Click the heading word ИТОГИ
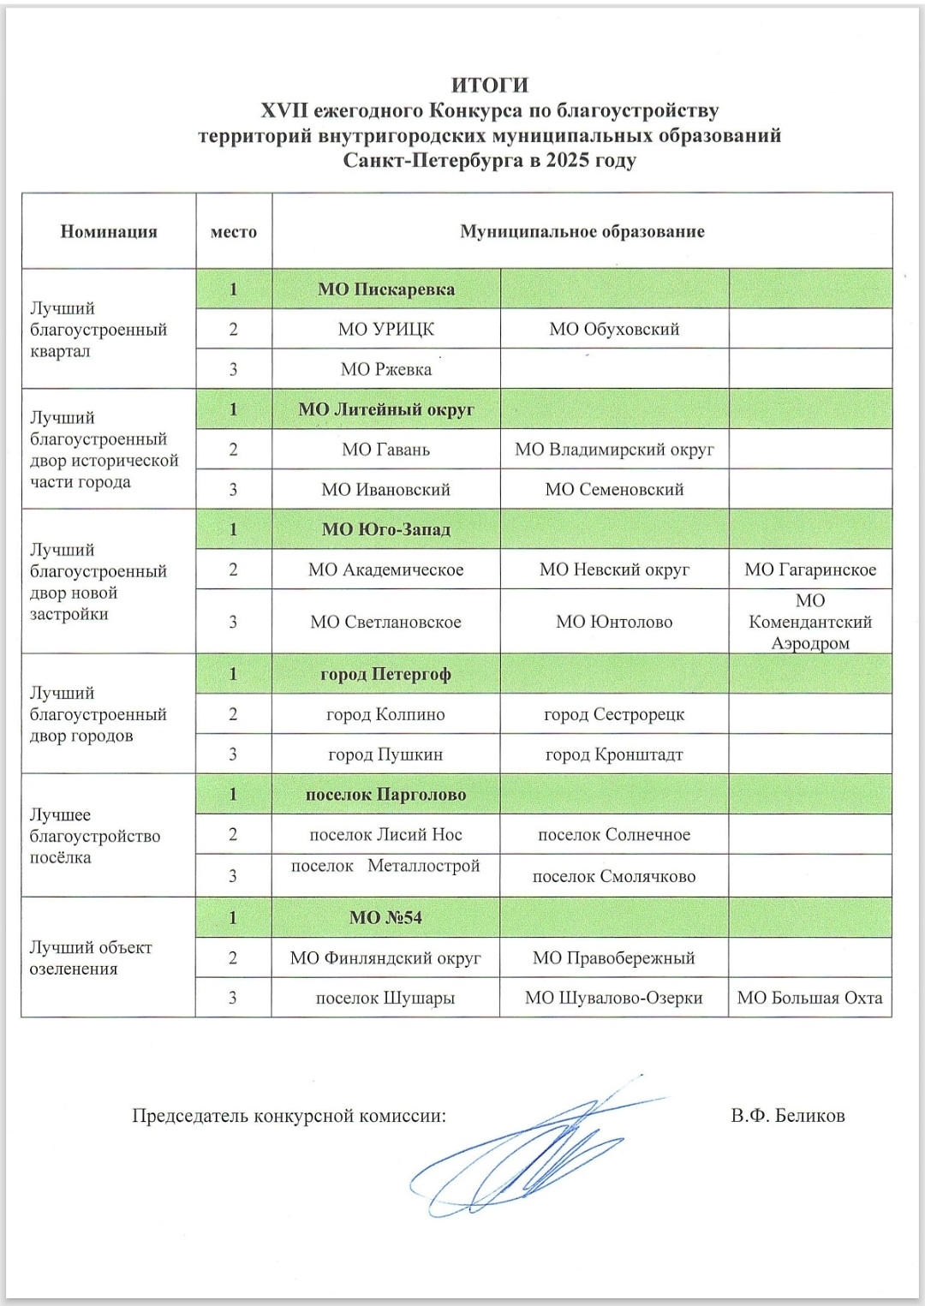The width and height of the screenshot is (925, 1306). click(490, 85)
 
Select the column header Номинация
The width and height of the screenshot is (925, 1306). click(109, 231)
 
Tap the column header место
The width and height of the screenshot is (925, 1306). click(233, 231)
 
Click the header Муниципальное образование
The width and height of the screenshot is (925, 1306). click(582, 231)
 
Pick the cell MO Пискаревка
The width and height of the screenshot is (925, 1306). click(386, 289)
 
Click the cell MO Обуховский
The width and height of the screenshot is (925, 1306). click(614, 329)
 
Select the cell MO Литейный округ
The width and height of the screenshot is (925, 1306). click(386, 409)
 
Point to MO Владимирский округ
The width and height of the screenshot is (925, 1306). click(614, 450)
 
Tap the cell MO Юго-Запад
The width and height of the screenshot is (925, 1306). click(386, 529)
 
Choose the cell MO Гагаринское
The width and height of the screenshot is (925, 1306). click(810, 570)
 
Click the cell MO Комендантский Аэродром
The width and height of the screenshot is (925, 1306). click(810, 622)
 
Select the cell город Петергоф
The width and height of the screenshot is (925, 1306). click(386, 674)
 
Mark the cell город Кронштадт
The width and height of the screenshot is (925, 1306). click(614, 754)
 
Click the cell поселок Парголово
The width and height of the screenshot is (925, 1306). click(386, 795)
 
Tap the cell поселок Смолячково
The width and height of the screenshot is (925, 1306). click(614, 876)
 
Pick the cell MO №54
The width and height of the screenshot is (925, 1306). click(386, 917)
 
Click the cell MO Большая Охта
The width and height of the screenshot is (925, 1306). click(810, 998)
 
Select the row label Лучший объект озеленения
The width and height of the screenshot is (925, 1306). click(91, 957)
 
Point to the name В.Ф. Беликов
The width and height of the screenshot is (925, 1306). click(788, 1115)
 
